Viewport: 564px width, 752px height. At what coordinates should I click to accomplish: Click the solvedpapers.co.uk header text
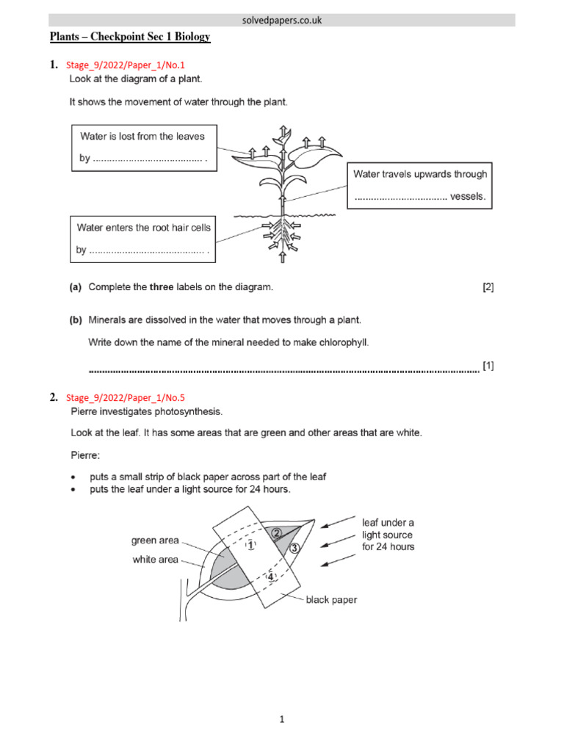pyautogui.click(x=282, y=21)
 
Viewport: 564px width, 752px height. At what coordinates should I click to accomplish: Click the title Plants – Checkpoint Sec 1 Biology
pyautogui.click(x=130, y=37)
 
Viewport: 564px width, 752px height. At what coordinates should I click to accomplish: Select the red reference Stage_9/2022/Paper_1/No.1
pyautogui.click(x=126, y=65)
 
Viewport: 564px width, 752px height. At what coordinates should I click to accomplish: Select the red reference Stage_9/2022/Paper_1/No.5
pyautogui.click(x=126, y=398)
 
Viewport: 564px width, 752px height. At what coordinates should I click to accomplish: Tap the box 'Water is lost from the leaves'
pyautogui.click(x=144, y=147)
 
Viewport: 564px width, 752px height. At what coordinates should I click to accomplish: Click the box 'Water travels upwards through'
pyautogui.click(x=419, y=186)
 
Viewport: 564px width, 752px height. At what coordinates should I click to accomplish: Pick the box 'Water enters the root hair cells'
pyautogui.click(x=144, y=239)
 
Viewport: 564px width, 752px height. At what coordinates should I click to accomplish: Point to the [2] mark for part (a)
pyautogui.click(x=488, y=288)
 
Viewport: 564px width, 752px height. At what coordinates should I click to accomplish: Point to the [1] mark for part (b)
pyautogui.click(x=488, y=366)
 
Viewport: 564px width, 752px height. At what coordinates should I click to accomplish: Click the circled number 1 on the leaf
pyautogui.click(x=250, y=546)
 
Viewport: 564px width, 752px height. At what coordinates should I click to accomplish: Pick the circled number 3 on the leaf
pyautogui.click(x=294, y=548)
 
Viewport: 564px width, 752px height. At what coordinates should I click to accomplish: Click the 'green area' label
pyautogui.click(x=155, y=540)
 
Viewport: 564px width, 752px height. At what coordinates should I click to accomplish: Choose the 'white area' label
pyautogui.click(x=155, y=560)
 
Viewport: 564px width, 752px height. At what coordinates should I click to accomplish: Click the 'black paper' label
pyautogui.click(x=332, y=600)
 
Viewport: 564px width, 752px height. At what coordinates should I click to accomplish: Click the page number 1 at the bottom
pyautogui.click(x=282, y=720)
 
